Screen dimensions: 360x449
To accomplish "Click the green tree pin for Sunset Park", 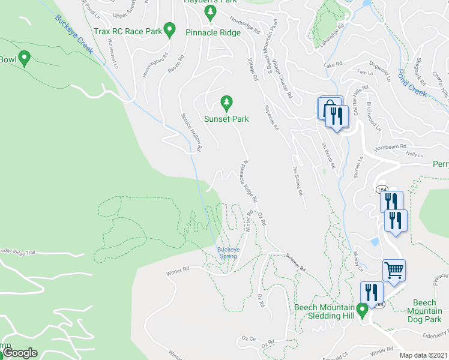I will pos(226,103).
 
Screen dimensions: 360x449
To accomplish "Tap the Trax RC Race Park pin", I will pos(170,29).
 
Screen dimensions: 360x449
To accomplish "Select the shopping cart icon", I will pos(394,270).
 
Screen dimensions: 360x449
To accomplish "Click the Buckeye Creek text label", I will pos(73,33).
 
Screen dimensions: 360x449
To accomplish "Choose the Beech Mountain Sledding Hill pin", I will pos(362,310).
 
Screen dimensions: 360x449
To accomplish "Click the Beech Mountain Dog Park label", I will pos(424,311).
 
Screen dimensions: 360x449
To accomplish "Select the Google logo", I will pos(20,353).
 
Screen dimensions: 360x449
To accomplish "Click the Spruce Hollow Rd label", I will pos(191,131).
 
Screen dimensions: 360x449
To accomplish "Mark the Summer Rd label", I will pos(296,262).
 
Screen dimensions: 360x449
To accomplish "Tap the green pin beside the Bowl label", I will pos(24,58).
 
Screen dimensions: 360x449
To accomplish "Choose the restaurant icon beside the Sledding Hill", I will pos(371,292).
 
